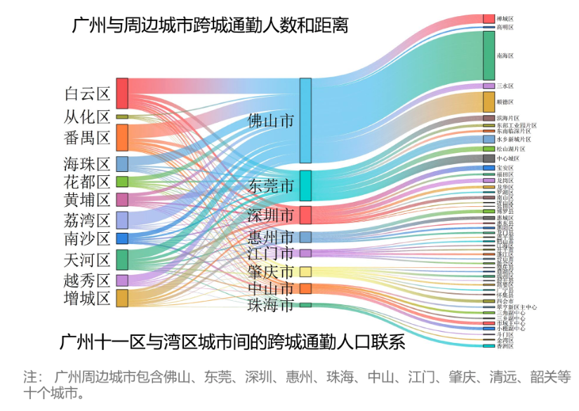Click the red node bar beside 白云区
[x=122, y=93]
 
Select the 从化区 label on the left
[x=87, y=116]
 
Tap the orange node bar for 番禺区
[x=122, y=137]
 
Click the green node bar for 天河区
[x=122, y=260]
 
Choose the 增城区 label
[x=87, y=299]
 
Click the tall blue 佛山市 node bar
[x=305, y=121]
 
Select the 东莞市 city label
[x=271, y=186]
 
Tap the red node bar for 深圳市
[x=305, y=215]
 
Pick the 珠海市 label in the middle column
[x=271, y=305]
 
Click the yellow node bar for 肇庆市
[x=305, y=271]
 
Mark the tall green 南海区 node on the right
[x=488, y=55]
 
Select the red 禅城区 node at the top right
[x=488, y=18]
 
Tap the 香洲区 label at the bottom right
[x=505, y=346]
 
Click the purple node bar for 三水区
[x=488, y=86]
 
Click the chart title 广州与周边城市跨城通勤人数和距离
[x=211, y=26]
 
